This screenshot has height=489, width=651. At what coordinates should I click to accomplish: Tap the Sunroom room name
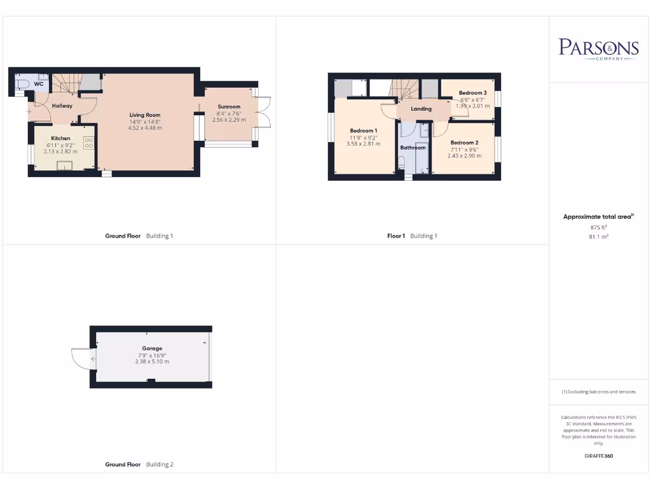click(x=229, y=106)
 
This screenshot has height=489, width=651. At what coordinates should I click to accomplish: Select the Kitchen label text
click(x=61, y=138)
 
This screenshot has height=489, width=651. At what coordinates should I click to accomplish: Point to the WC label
click(x=39, y=84)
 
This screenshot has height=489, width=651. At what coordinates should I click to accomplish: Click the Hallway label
click(x=62, y=106)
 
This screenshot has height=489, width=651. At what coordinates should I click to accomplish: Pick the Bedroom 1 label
click(x=364, y=131)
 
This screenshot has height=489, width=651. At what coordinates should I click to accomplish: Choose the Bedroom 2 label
click(x=464, y=143)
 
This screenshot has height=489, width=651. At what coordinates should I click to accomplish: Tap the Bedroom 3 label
click(x=472, y=93)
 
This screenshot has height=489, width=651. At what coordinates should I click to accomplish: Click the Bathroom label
click(x=413, y=148)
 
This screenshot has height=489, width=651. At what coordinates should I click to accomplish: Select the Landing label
click(x=421, y=109)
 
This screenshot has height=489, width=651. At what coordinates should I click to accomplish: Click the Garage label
click(x=152, y=348)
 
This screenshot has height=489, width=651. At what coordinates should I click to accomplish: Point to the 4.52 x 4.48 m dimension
click(x=146, y=128)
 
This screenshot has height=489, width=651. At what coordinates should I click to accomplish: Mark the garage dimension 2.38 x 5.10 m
click(x=152, y=362)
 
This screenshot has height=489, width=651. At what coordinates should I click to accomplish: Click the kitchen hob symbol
click(x=89, y=143)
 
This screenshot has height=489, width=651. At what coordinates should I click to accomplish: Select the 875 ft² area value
click(x=598, y=227)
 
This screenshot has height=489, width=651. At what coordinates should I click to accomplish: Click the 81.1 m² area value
click(x=598, y=236)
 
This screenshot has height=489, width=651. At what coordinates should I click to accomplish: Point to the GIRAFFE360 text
click(x=598, y=456)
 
